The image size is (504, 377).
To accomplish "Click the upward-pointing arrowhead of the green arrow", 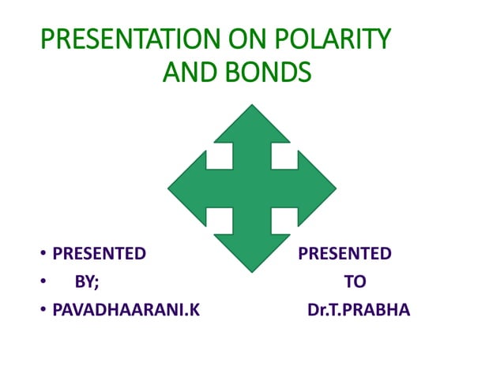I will click(x=252, y=126).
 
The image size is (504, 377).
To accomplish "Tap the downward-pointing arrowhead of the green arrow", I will click(x=252, y=250).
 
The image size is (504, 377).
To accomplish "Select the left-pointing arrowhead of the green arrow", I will click(x=188, y=188).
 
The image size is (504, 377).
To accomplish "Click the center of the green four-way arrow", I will click(x=252, y=188).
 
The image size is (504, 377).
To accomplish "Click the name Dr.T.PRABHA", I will click(x=358, y=310).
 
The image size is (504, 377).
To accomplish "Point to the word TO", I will click(x=355, y=282).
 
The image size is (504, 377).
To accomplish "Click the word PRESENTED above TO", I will click(x=344, y=253).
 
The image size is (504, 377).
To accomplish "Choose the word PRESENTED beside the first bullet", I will click(x=99, y=253).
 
